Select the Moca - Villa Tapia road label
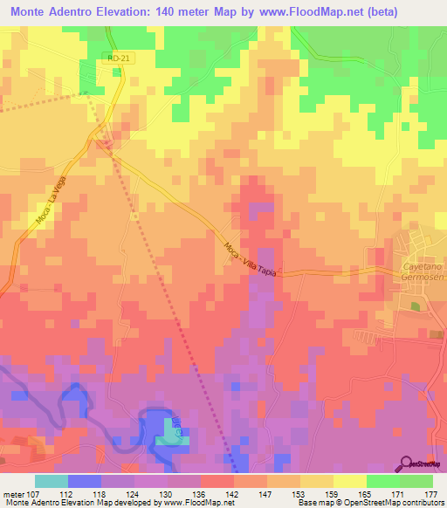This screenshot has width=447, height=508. coord(250,260)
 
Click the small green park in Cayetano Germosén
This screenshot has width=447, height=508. coord(416,306)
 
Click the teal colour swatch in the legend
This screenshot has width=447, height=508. coord(52,481)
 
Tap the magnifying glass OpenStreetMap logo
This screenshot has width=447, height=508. coord(408,463)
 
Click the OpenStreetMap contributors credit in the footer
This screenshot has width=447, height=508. coord(392,503)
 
